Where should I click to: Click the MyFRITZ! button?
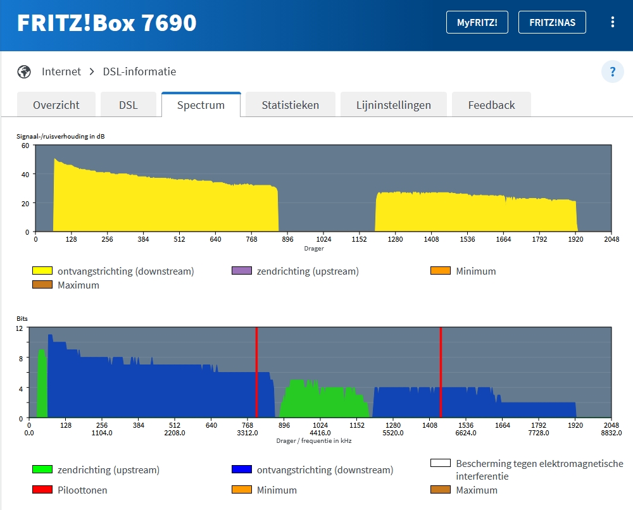(477, 22)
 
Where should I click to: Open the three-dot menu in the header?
(612, 22)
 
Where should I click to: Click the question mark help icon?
(612, 72)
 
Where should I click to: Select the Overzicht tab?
(56, 105)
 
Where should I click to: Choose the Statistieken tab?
(291, 105)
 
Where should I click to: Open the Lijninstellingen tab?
(394, 105)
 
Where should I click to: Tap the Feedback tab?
(491, 105)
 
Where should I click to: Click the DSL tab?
(128, 105)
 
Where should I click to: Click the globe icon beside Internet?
(24, 72)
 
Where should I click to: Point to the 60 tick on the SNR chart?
(25, 146)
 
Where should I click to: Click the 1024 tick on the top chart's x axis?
(323, 239)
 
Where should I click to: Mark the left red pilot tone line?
(256, 372)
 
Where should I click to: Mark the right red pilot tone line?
(441, 372)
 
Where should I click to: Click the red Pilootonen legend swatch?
(42, 489)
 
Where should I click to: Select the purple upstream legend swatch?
(242, 270)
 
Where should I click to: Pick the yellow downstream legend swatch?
(42, 270)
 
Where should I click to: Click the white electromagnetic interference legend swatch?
(441, 463)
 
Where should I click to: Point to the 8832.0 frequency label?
(611, 433)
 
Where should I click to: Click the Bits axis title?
(22, 319)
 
